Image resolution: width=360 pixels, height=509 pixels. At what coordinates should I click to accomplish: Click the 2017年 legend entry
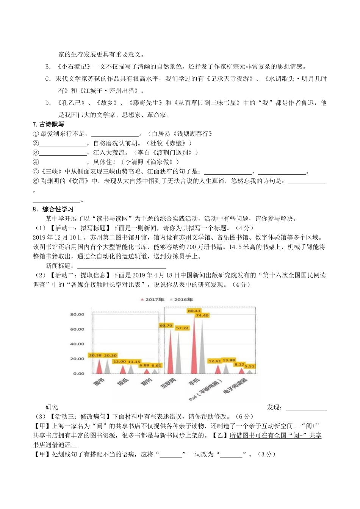(153, 299)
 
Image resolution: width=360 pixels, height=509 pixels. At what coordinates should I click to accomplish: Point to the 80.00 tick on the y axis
(77, 314)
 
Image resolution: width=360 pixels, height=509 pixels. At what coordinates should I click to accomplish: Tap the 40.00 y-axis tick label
(77, 344)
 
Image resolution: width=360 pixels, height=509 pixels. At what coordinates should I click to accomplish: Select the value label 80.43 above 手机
(194, 311)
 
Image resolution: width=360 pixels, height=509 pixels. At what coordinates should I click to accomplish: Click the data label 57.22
(182, 328)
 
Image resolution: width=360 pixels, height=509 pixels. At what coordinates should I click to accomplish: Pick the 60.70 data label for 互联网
(166, 325)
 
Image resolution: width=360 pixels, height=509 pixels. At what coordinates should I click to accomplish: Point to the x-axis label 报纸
(123, 382)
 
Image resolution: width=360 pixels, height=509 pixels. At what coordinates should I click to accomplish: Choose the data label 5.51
(250, 366)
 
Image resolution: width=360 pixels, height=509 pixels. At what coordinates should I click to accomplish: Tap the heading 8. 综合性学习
(53, 209)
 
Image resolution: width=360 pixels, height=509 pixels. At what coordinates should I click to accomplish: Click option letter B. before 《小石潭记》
(48, 67)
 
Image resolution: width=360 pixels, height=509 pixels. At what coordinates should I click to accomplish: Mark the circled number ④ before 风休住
(36, 162)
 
